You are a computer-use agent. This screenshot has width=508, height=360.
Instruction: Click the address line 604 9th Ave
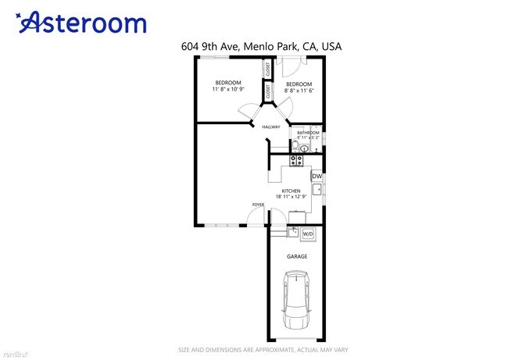click(260, 47)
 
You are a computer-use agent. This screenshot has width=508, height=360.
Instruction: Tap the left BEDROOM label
click(228, 83)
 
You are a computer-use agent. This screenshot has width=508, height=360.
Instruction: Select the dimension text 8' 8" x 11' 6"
click(299, 91)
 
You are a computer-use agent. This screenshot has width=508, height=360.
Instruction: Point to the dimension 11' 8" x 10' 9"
click(228, 90)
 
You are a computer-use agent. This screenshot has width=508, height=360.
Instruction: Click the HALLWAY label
click(271, 127)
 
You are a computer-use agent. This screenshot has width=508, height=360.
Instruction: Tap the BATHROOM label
click(308, 133)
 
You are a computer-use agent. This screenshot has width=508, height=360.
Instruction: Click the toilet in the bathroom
click(295, 146)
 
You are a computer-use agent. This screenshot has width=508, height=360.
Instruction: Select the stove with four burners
click(297, 161)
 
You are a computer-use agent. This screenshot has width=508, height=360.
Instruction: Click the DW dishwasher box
click(317, 176)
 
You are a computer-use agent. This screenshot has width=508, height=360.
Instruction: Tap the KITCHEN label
click(292, 191)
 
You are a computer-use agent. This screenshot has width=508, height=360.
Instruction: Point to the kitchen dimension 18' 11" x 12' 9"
click(292, 198)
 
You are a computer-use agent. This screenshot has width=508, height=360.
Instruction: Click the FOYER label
click(258, 205)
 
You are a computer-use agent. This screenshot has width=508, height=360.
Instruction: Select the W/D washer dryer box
click(308, 233)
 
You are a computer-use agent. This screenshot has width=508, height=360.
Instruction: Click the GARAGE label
click(297, 256)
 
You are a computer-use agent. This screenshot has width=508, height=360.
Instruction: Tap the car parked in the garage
click(298, 299)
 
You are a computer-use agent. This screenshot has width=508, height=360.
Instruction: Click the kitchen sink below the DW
click(317, 188)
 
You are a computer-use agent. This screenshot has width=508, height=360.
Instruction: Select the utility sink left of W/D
click(292, 233)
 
